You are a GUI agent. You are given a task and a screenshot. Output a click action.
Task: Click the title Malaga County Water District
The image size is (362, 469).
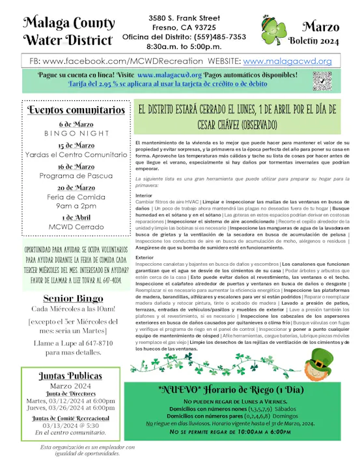(68, 32)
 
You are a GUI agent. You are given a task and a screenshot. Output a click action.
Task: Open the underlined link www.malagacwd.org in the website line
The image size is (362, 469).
(287, 61)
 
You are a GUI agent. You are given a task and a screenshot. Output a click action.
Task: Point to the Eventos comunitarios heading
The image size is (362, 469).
(68, 109)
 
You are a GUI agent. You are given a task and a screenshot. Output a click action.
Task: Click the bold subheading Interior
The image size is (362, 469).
(144, 195)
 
